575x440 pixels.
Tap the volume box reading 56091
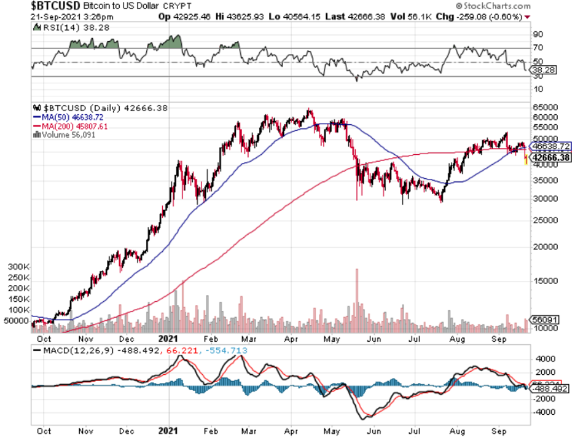click(545, 320)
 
